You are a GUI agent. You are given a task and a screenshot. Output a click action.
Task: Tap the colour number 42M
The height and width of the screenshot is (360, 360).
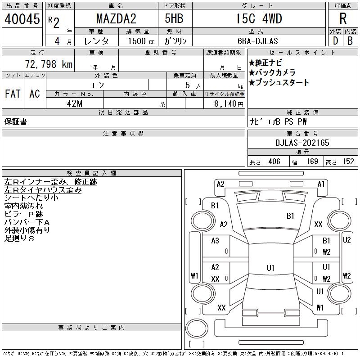(75, 103)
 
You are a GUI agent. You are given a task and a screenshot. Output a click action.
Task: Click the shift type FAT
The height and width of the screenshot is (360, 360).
(13, 94)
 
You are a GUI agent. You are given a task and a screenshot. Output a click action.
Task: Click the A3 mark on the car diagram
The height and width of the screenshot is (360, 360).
(215, 241)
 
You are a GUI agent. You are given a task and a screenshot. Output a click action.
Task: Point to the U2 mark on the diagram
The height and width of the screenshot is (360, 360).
(346, 240)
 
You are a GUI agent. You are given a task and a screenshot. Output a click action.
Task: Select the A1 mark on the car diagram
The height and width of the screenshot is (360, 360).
(321, 184)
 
